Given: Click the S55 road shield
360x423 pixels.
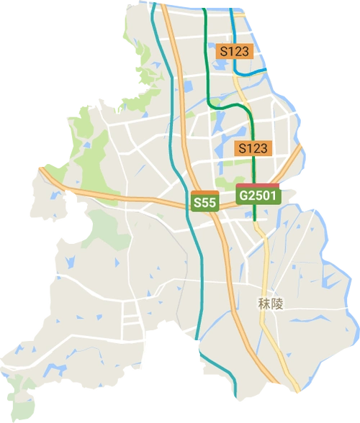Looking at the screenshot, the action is [204, 204].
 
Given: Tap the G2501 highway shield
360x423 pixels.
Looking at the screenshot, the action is [257, 195].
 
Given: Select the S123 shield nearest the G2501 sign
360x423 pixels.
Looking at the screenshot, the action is [253, 148].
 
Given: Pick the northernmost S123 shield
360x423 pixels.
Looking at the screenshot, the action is [234, 51].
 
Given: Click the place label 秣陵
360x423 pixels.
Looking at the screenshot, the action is [271, 304].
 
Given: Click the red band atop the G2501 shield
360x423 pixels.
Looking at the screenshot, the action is [257, 186].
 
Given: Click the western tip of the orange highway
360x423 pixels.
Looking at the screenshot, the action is [40, 168].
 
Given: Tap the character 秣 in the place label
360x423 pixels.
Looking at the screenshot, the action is [264, 304].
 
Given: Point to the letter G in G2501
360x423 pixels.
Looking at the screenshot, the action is [244, 196].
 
